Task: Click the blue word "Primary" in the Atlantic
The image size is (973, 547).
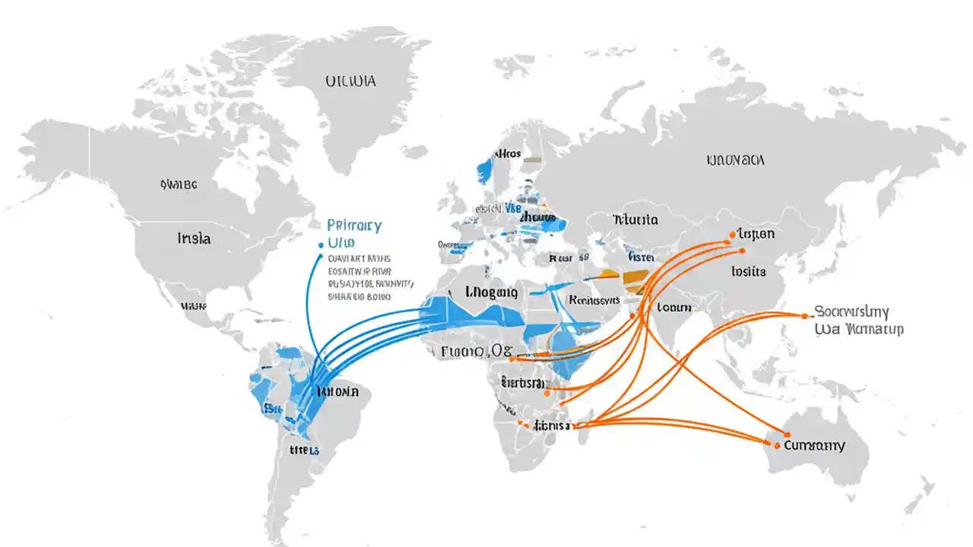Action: click(353, 226)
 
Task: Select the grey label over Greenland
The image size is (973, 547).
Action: click(350, 81)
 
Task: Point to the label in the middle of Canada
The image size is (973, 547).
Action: click(179, 184)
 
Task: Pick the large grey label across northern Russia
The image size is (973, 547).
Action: click(735, 160)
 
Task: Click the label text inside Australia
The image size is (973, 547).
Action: click(814, 445)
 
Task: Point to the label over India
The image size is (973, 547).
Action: click(673, 307)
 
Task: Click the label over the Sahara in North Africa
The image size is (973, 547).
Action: click(490, 292)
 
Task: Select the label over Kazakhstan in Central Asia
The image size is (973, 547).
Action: click(634, 220)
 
